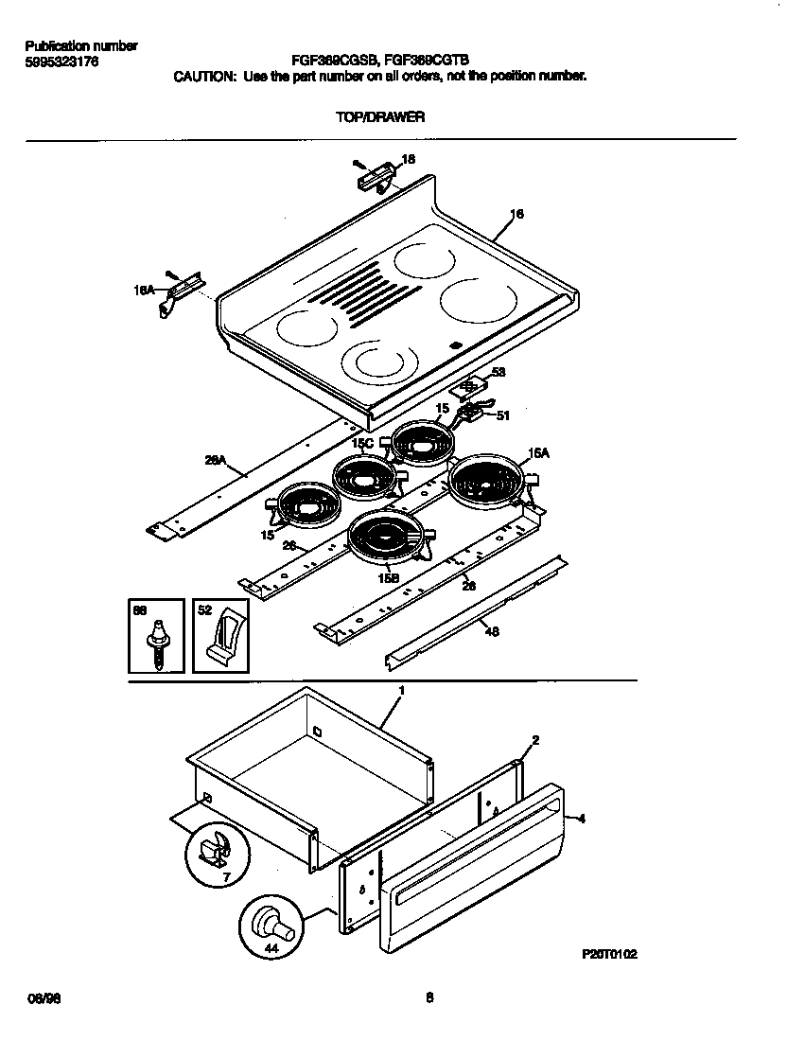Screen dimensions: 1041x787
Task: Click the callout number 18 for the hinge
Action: pyautogui.click(x=408, y=160)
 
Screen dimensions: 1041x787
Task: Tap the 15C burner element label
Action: pyautogui.click(x=362, y=442)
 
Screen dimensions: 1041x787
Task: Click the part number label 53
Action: pyautogui.click(x=498, y=373)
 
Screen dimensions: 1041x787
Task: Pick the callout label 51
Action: pyautogui.click(x=502, y=414)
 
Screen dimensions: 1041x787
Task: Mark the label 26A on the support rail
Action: pyautogui.click(x=216, y=461)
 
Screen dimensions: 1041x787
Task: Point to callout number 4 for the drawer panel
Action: pyautogui.click(x=581, y=818)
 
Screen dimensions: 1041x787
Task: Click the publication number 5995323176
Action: pyautogui.click(x=61, y=62)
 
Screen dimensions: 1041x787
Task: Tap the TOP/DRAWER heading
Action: pyautogui.click(x=379, y=117)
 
